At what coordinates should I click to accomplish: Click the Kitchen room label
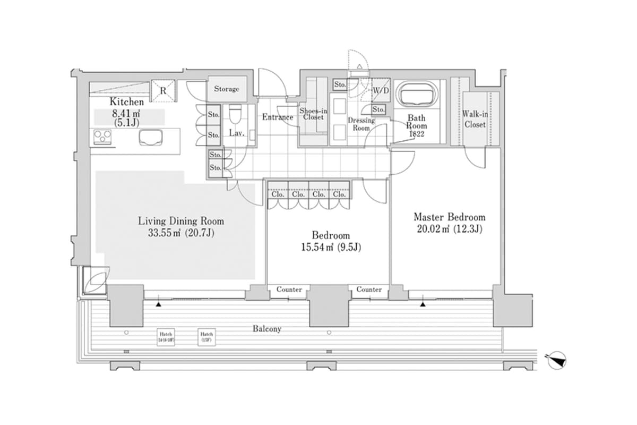click(x=126, y=101)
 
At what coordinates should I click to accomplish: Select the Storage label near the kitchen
click(x=227, y=89)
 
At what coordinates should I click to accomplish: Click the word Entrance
click(x=278, y=117)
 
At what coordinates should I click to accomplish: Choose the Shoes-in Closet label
click(x=313, y=114)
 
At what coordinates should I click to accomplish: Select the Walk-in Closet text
click(x=474, y=119)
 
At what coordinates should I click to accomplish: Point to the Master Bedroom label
click(x=449, y=217)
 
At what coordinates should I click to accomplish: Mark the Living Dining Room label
click(x=181, y=221)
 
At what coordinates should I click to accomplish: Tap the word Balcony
click(x=266, y=329)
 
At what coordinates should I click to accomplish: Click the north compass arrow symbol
click(x=556, y=359)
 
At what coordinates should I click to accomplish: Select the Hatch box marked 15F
click(x=206, y=336)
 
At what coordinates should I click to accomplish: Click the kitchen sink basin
click(x=150, y=138)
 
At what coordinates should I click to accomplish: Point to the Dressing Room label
click(x=361, y=124)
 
